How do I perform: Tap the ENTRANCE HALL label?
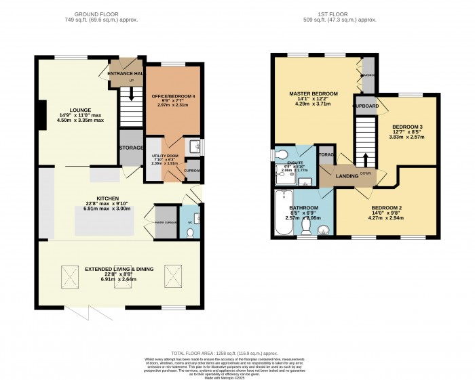pyautogui.click(x=126, y=72)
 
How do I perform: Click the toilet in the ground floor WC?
pyautogui.click(x=190, y=232)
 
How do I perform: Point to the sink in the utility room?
pyautogui.click(x=195, y=146)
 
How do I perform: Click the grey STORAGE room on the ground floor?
pyautogui.click(x=131, y=148)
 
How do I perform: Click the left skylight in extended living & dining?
pyautogui.click(x=70, y=276)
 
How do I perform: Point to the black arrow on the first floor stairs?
pyautogui.click(x=365, y=159)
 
